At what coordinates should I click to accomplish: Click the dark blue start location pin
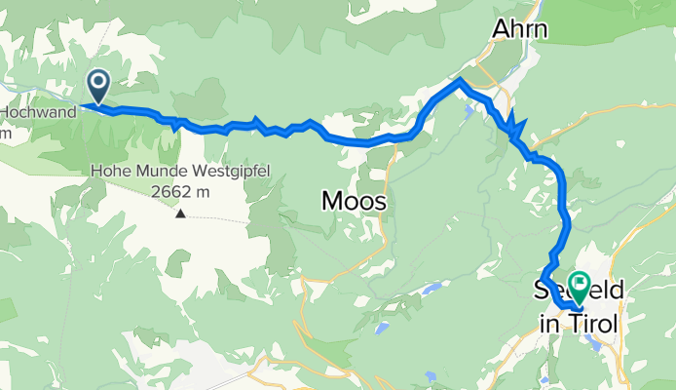click(x=98, y=85)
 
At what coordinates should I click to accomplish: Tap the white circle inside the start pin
click(x=98, y=81)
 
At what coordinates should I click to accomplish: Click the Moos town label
click(x=354, y=202)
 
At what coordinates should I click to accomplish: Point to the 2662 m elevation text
click(x=180, y=191)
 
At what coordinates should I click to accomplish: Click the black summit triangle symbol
click(x=180, y=212)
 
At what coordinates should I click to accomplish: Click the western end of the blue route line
click(x=84, y=104)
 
